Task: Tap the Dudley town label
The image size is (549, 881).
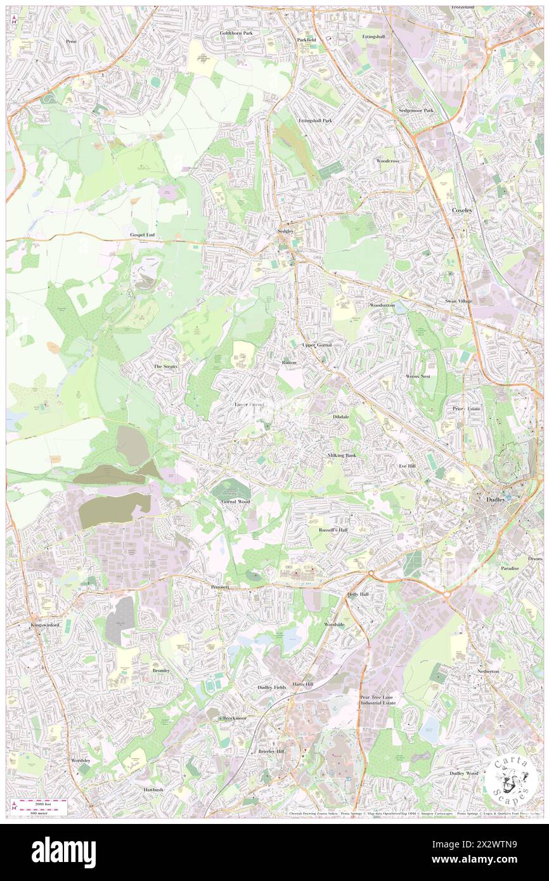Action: pyautogui.click(x=496, y=499)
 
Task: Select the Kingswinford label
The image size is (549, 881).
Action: pyautogui.click(x=45, y=625)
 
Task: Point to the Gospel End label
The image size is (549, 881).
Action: pyautogui.click(x=143, y=235)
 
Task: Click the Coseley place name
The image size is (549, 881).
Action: pyautogui.click(x=462, y=209)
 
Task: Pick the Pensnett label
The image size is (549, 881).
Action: pyautogui.click(x=223, y=588)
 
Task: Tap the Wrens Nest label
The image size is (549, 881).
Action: pyautogui.click(x=418, y=376)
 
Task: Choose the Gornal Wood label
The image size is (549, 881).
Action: pyautogui.click(x=236, y=501)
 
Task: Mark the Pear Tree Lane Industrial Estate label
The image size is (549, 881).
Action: pyautogui.click(x=378, y=700)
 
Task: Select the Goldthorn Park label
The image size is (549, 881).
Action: pyautogui.click(x=236, y=32)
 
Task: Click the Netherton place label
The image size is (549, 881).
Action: pyautogui.click(x=488, y=671)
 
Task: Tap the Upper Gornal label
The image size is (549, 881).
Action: pyautogui.click(x=317, y=345)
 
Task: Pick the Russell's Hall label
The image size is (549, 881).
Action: pyautogui.click(x=333, y=529)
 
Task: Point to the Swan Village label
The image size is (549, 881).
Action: pyautogui.click(x=458, y=301)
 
